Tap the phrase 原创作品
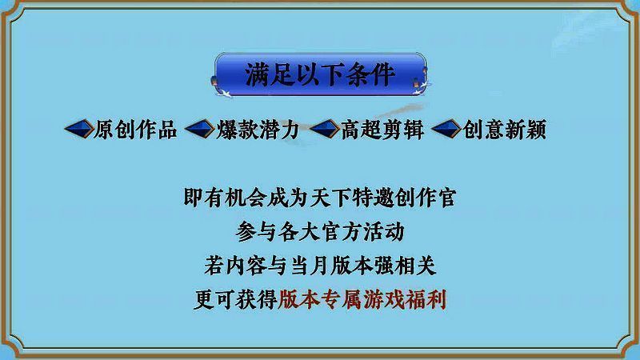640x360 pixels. coord(135,130)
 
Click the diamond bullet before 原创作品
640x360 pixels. coord(77,130)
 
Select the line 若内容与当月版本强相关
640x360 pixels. coord(320,266)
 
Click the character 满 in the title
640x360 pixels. coord(260,74)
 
